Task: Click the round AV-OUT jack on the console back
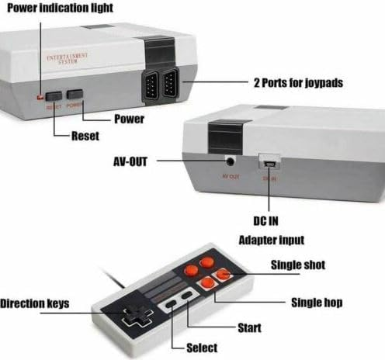[231, 161]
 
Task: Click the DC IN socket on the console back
[269, 162]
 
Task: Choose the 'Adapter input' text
[271, 241]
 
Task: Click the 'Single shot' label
[298, 265]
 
